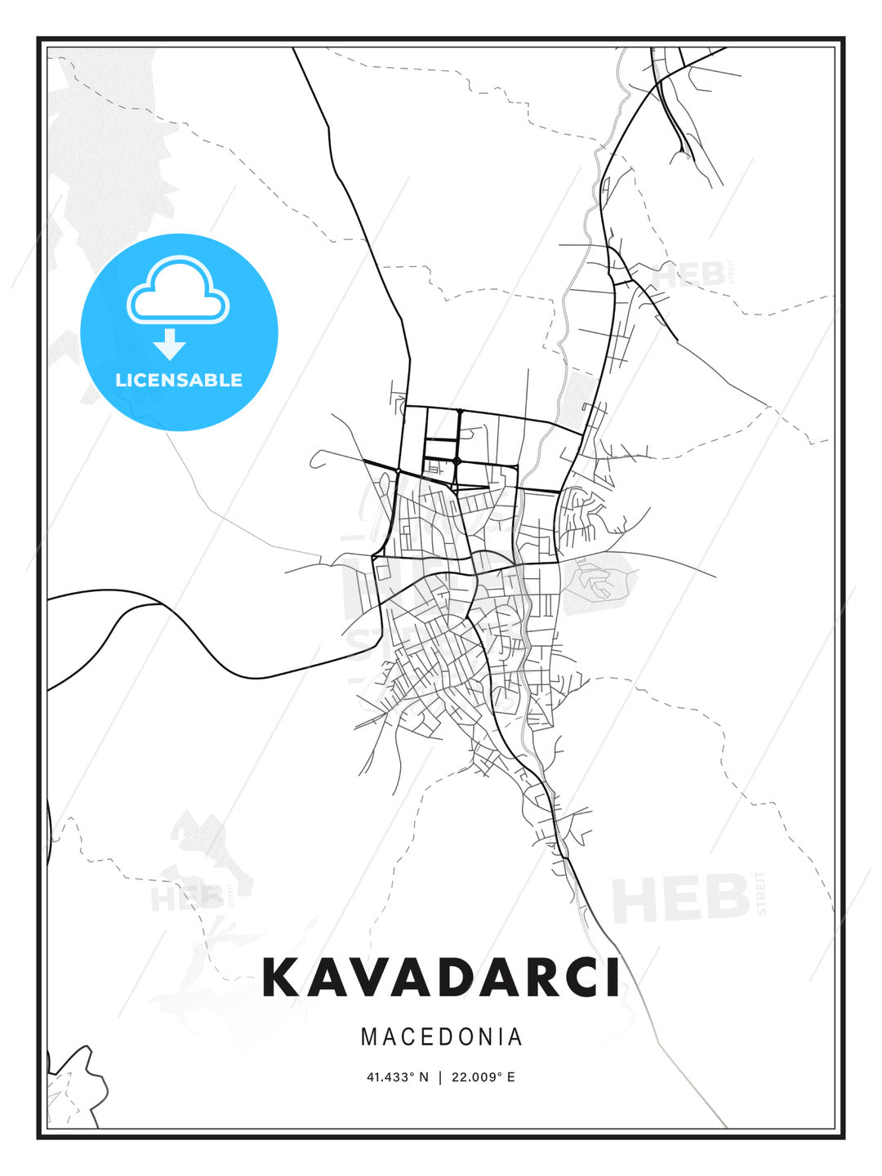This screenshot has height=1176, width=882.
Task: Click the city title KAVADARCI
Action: click(441, 978)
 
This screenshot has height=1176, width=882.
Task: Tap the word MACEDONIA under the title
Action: click(441, 1036)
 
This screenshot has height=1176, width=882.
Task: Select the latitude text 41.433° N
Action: click(397, 1076)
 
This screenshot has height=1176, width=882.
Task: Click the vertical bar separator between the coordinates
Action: click(440, 1076)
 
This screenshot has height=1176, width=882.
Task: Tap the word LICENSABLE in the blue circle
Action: click(179, 380)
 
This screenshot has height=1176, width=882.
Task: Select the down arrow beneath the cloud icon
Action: click(170, 344)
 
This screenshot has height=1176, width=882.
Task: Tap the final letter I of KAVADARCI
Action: click(612, 978)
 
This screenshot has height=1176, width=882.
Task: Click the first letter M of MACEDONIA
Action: click(369, 1036)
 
